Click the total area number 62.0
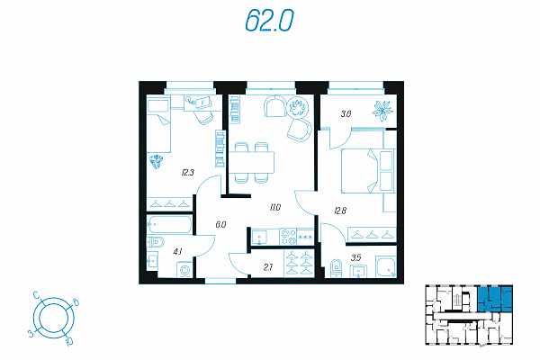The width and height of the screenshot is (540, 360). [269, 21]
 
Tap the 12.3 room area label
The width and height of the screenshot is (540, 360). [188, 172]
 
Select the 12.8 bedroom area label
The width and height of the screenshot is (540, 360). [340, 210]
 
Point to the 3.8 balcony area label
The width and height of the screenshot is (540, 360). [346, 113]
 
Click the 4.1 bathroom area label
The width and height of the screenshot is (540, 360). [177, 251]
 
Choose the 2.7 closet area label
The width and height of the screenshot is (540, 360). [268, 267]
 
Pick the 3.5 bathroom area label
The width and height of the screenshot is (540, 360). [355, 257]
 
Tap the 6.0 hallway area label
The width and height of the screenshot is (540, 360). [220, 225]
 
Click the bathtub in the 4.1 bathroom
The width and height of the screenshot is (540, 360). [169, 225]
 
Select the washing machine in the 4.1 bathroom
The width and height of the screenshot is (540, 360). [184, 269]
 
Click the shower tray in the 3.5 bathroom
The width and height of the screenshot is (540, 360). [386, 266]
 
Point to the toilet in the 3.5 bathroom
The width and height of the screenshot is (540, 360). [336, 268]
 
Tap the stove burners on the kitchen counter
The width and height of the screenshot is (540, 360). [288, 237]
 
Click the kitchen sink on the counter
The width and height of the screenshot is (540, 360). [259, 237]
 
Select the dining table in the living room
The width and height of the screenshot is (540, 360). [252, 162]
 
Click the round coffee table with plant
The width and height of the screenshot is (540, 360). [297, 107]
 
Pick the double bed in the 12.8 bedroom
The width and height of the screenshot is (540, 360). [367, 170]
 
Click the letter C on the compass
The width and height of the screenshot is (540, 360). [35, 294]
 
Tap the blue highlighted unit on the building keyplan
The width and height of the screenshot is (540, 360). [495, 299]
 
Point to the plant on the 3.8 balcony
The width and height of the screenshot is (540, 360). [382, 110]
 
